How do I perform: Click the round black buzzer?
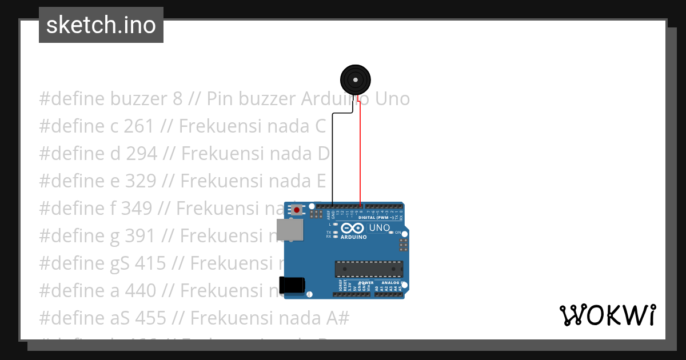[355, 79]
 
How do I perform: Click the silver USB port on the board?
[290, 230]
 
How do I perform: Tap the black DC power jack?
[291, 285]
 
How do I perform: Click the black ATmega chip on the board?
[369, 269]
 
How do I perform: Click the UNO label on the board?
[380, 228]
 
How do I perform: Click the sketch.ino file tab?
[101, 25]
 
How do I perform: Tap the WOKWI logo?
[607, 315]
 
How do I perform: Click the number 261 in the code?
[138, 126]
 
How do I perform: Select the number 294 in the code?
[140, 154]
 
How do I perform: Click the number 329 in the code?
[139, 181]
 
